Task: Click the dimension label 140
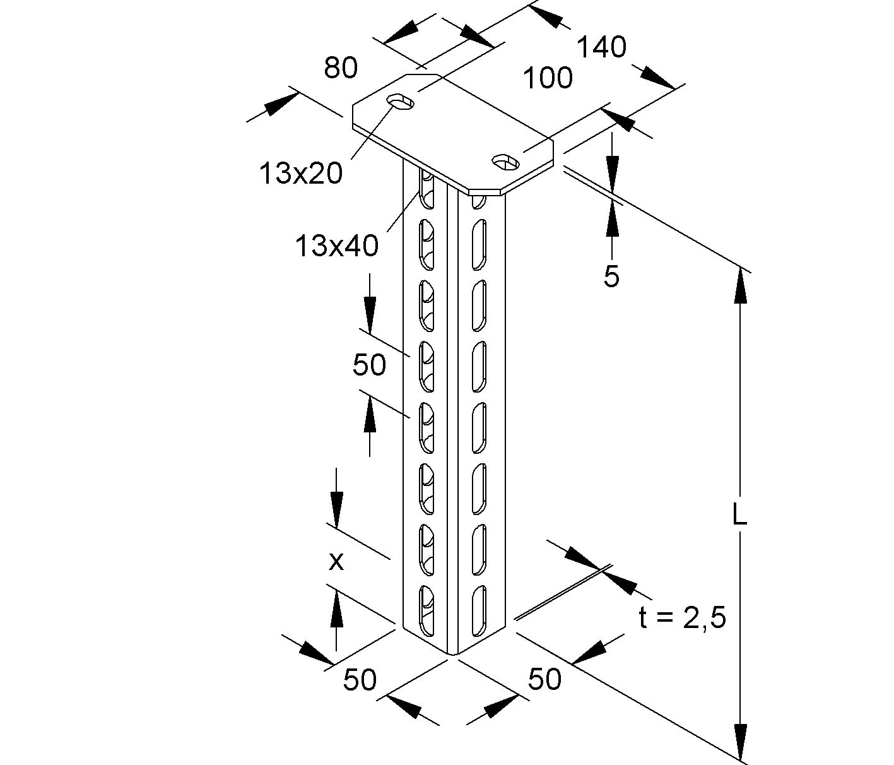point(601,47)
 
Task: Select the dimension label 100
point(548,78)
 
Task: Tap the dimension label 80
point(341,68)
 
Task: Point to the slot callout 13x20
point(300,172)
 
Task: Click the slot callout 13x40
point(336,246)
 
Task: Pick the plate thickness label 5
point(611,276)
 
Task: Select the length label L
point(739,516)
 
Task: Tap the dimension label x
point(336,560)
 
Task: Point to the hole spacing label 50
point(369,364)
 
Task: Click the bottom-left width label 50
point(360,679)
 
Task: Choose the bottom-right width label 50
point(544,679)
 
